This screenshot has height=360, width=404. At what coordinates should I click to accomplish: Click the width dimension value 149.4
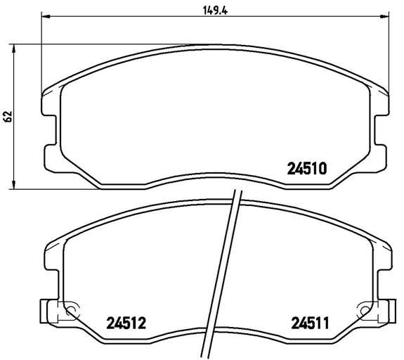tap(215, 11)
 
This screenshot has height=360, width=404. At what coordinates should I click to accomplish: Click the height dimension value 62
tap(8, 117)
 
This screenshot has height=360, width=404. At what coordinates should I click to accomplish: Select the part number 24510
tap(307, 169)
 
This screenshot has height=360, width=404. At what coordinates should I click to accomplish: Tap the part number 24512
tap(126, 323)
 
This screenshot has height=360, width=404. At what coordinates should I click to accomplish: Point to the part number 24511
tap(311, 323)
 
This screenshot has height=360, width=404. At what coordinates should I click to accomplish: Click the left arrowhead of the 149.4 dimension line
tap(46, 16)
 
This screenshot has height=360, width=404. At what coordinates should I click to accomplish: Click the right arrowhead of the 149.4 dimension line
tap(384, 16)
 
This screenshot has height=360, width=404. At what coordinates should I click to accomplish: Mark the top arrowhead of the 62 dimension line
tap(13, 49)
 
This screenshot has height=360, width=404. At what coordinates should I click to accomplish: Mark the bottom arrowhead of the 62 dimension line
tap(13, 185)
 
